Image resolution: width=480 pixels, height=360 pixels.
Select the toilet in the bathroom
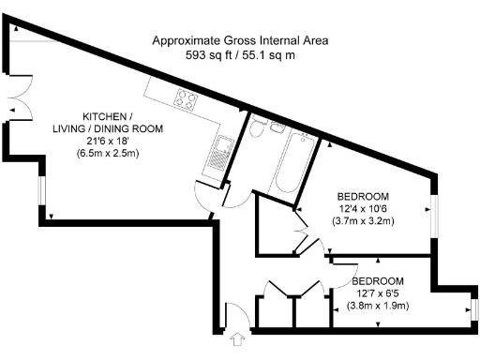[x=256, y=128]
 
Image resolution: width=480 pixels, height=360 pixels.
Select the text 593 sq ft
[x=212, y=55]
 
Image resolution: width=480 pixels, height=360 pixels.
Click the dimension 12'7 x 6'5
[x=377, y=292]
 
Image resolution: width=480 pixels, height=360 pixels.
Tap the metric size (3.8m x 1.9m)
[x=377, y=306]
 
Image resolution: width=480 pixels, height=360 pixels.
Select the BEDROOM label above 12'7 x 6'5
[x=377, y=280]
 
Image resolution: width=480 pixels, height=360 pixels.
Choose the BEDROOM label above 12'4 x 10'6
[x=364, y=195]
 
